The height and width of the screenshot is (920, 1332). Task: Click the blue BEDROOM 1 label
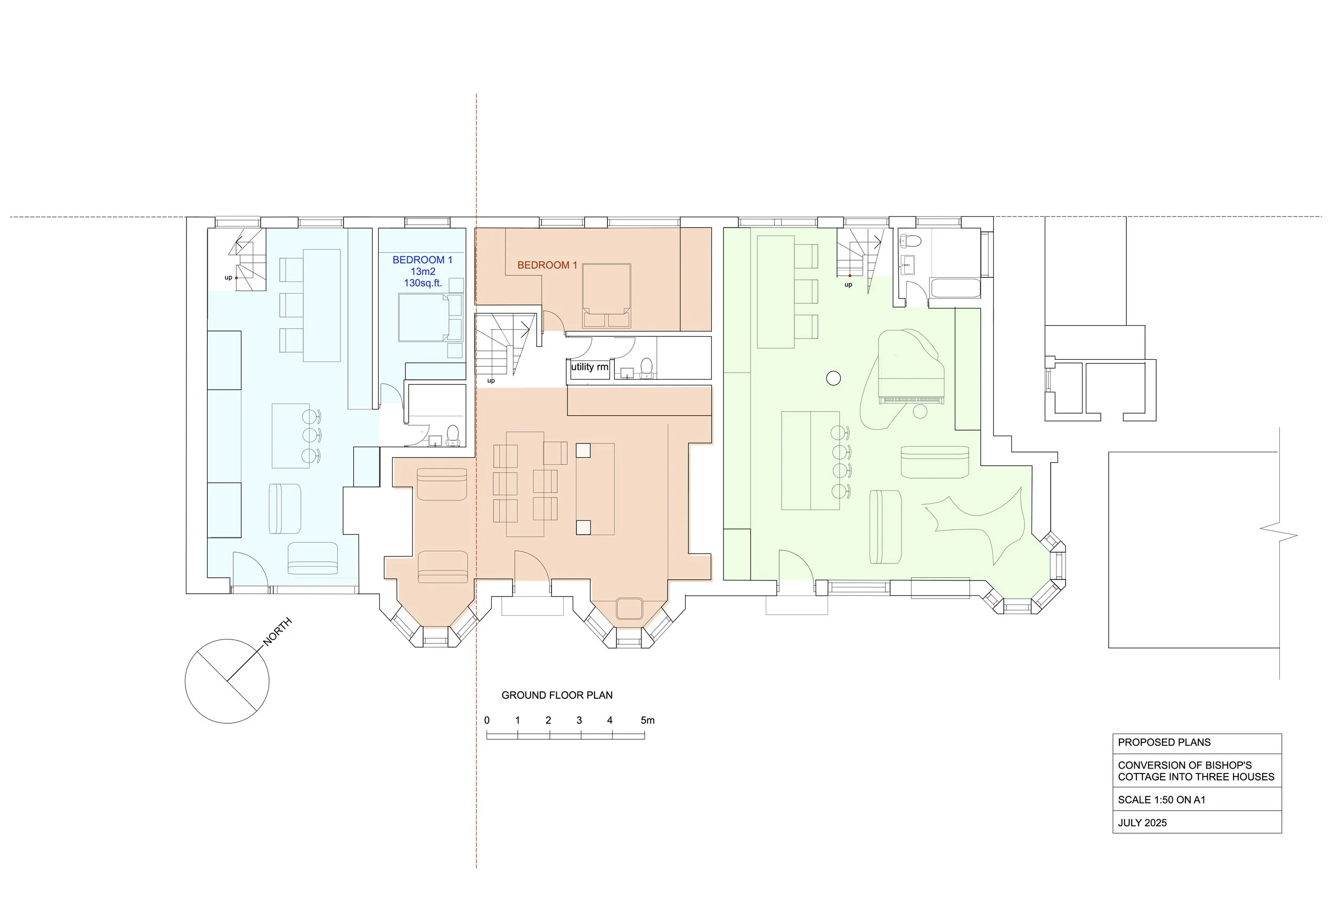tap(423, 260)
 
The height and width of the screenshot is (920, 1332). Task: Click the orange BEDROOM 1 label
tap(547, 265)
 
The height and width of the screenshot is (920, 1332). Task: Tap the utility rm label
tap(589, 367)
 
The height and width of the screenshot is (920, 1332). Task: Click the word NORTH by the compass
tap(278, 631)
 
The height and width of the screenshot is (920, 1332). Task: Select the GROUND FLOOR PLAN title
tap(557, 695)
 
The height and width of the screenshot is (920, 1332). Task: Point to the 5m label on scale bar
tap(647, 721)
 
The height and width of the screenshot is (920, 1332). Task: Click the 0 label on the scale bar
tap(487, 721)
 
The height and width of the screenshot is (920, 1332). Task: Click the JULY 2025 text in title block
tap(1142, 823)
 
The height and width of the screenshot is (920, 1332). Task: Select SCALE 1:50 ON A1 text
tap(1162, 800)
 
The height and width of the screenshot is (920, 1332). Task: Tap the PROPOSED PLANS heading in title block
tap(1164, 743)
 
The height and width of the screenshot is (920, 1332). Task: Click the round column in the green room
tap(833, 378)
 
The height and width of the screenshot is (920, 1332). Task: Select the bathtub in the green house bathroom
tap(955, 288)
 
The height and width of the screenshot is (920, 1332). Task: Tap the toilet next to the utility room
tap(646, 367)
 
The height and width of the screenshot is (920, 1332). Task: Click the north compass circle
tap(227, 681)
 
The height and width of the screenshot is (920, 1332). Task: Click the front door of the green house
tap(795, 568)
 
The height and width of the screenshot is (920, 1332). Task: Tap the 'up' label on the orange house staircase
tap(491, 381)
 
